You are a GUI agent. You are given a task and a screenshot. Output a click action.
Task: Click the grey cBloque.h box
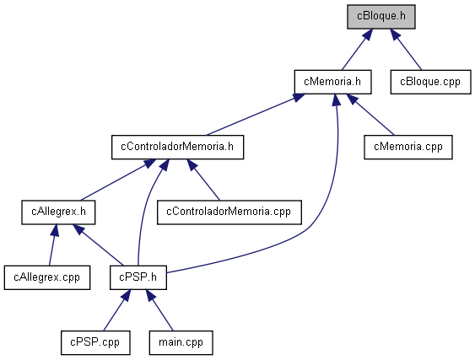click(x=381, y=17)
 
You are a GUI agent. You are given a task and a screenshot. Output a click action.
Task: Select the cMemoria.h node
click(x=332, y=82)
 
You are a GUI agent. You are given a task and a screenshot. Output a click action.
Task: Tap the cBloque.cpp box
click(x=430, y=82)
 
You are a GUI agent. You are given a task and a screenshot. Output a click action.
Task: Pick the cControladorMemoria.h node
click(x=177, y=148)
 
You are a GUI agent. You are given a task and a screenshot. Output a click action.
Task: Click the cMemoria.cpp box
click(x=408, y=148)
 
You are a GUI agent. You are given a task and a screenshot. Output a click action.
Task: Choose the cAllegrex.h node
click(x=58, y=212)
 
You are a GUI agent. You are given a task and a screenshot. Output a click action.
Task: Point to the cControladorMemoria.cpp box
click(x=229, y=212)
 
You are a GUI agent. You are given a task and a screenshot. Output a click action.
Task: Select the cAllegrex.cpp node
click(x=47, y=277)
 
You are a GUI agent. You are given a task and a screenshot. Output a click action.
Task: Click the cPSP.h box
click(x=138, y=277)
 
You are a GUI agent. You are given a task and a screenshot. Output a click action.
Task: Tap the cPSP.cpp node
click(x=95, y=343)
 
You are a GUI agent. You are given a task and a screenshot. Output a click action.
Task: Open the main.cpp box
click(x=181, y=343)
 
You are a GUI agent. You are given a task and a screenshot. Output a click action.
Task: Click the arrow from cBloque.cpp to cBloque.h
click(x=405, y=50)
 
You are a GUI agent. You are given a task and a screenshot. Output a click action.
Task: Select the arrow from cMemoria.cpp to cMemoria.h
click(x=370, y=115)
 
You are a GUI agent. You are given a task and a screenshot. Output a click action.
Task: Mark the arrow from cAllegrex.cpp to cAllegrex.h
click(x=52, y=245)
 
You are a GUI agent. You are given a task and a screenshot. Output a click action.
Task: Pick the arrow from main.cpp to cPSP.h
click(x=159, y=310)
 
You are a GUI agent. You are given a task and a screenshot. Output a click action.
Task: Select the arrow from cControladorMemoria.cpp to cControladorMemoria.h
click(x=203, y=180)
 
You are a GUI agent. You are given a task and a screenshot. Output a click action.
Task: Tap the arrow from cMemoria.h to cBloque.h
click(x=358, y=50)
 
